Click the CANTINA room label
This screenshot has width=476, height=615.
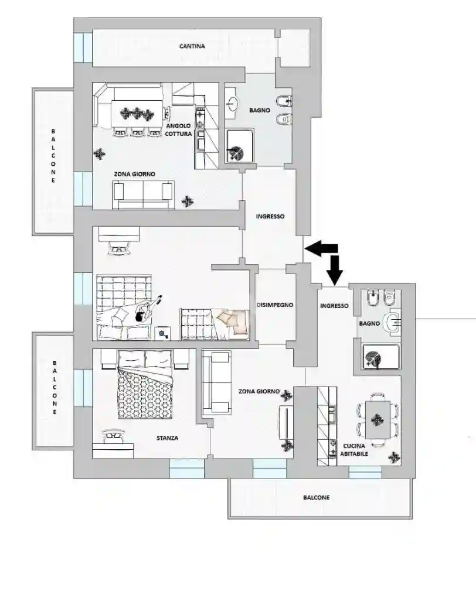(x=192, y=46)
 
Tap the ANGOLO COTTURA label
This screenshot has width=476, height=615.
(x=179, y=130)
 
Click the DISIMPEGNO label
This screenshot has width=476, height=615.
(x=275, y=305)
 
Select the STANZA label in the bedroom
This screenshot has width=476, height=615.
(x=167, y=438)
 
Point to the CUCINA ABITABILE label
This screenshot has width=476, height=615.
(x=354, y=450)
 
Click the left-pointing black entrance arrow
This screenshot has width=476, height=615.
(x=321, y=248)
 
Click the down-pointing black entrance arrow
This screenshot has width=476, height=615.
(x=334, y=270)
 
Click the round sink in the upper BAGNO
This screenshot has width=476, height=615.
(x=233, y=104)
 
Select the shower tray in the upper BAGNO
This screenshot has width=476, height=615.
(x=240, y=145)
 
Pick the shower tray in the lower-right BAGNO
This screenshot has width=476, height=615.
(x=381, y=357)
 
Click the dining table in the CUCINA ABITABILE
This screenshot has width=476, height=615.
(x=378, y=420)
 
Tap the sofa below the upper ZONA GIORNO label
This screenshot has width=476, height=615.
(x=143, y=195)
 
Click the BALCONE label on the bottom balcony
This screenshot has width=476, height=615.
(x=317, y=498)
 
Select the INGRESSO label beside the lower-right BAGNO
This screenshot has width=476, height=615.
(x=334, y=306)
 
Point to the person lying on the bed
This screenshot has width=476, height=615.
(x=141, y=310)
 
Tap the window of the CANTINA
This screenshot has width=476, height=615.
(x=83, y=47)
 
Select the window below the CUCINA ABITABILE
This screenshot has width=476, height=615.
(x=365, y=472)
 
